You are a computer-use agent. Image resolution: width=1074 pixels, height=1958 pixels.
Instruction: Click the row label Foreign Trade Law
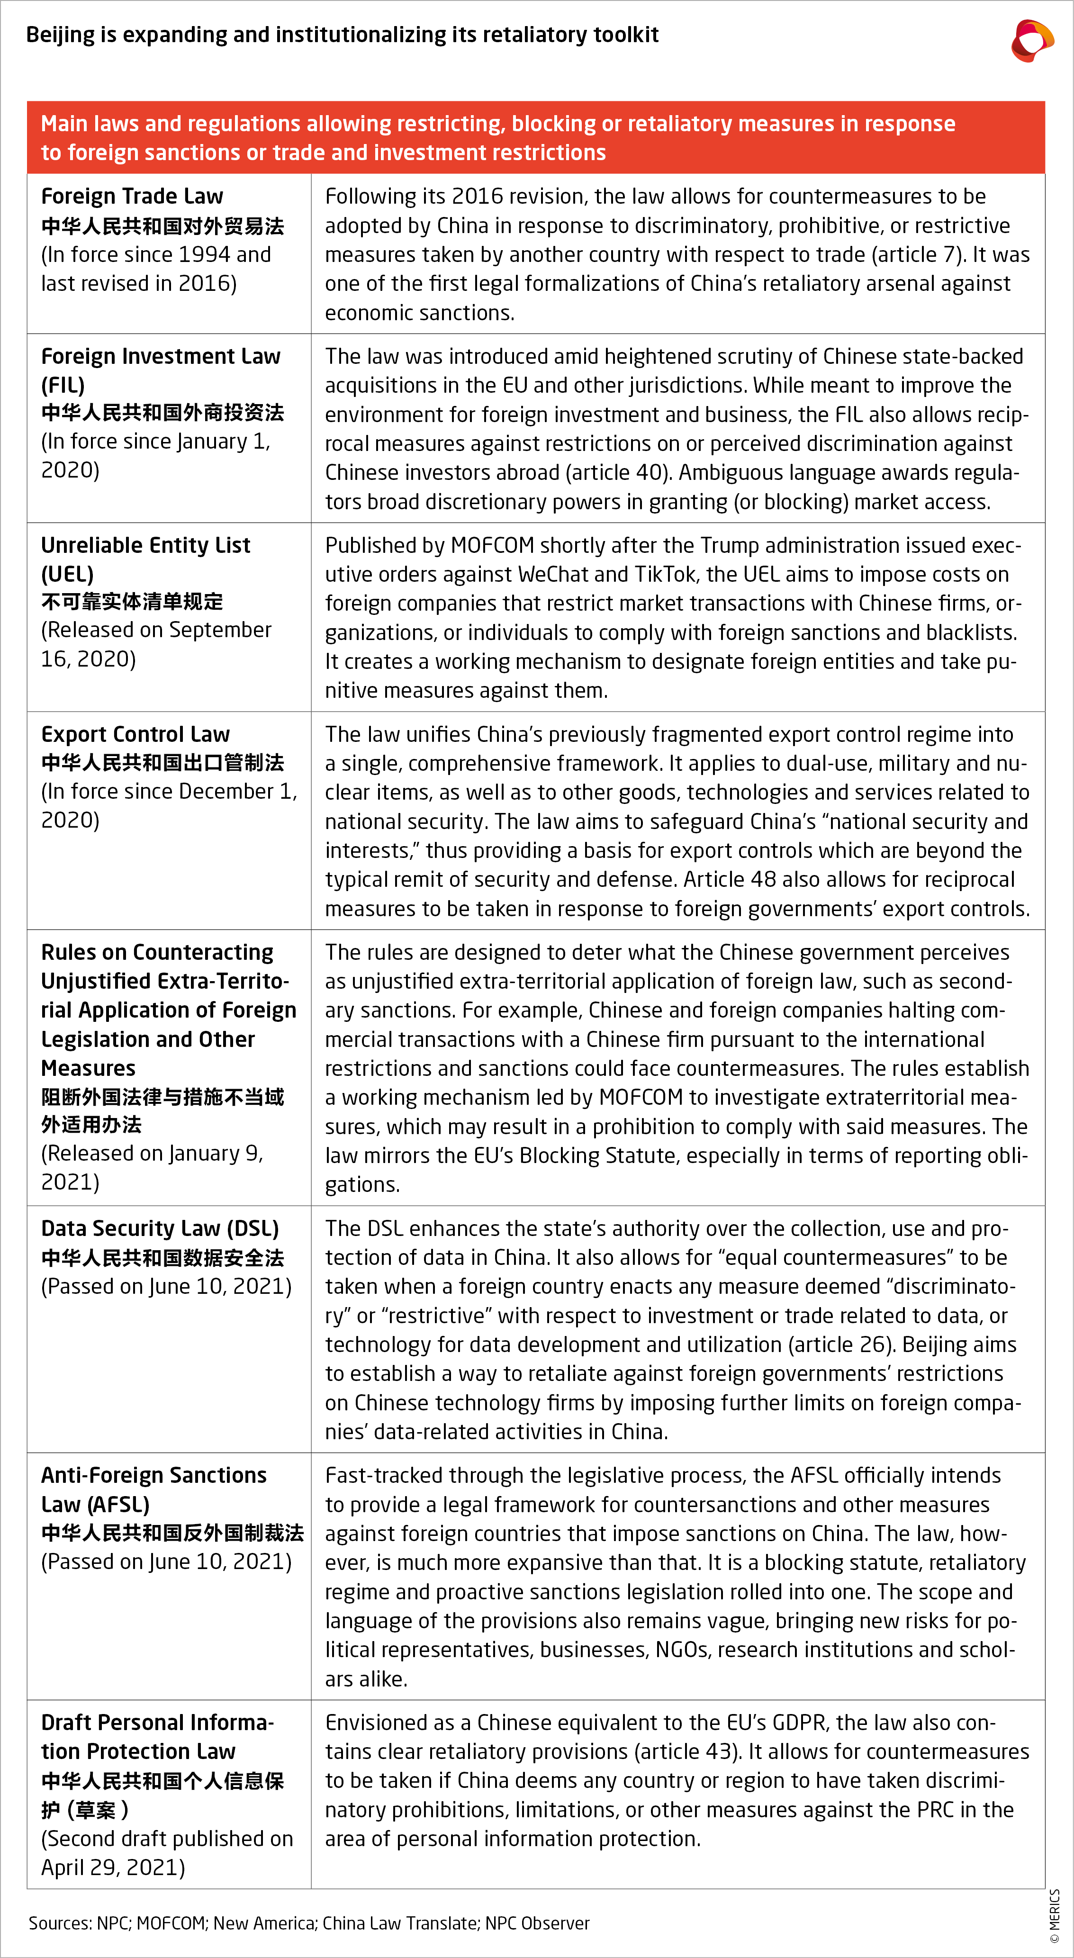click(x=132, y=196)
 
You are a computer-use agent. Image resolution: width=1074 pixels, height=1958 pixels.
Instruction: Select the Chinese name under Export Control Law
click(x=162, y=762)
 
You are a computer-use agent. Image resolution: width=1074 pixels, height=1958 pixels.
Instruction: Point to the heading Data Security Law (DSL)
click(x=160, y=1228)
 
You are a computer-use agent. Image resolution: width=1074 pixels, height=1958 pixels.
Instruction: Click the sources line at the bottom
click(x=308, y=1923)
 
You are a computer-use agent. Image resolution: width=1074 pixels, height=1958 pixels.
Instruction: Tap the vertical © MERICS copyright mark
click(x=1054, y=1915)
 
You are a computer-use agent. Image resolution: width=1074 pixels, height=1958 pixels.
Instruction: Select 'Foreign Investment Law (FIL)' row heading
click(x=160, y=370)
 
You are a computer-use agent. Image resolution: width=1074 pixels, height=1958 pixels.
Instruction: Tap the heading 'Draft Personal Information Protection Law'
click(x=157, y=1737)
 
